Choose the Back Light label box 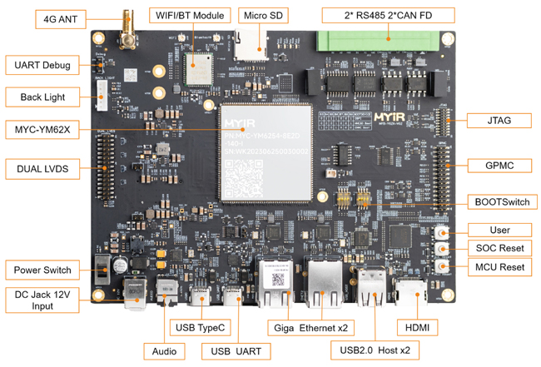(x=42, y=98)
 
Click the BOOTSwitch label (x=500, y=201)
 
